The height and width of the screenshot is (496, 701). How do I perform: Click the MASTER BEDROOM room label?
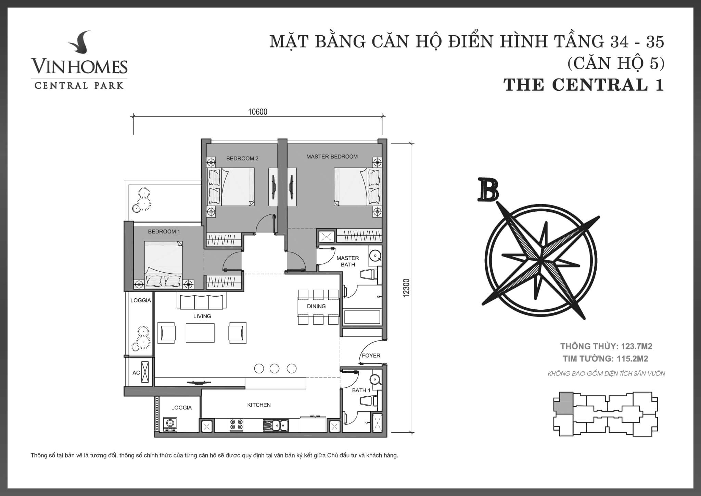(x=332, y=157)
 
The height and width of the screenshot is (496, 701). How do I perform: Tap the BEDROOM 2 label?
(x=242, y=158)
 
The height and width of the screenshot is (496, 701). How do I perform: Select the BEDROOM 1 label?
(x=164, y=232)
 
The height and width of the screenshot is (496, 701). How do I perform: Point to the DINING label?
(x=316, y=306)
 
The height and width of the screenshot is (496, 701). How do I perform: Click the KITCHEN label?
(x=259, y=405)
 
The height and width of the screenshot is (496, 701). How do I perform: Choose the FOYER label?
(x=371, y=356)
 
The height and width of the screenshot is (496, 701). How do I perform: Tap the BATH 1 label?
(x=361, y=390)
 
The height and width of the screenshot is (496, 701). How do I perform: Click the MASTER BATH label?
(x=348, y=261)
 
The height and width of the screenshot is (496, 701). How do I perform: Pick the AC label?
(x=136, y=373)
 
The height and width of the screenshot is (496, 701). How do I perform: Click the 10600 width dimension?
(x=258, y=112)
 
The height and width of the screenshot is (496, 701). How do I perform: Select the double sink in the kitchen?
(x=276, y=425)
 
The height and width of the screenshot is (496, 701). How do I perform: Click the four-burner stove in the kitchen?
(x=236, y=425)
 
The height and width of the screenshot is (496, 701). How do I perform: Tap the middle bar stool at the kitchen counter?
(x=275, y=369)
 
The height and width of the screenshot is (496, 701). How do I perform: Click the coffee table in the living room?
(x=200, y=333)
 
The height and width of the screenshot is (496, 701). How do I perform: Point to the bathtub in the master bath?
(x=362, y=317)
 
